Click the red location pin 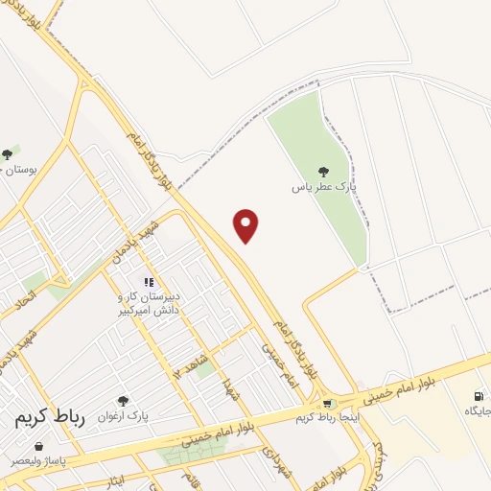(246, 224)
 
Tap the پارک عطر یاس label (317, 188)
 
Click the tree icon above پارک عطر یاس (318, 171)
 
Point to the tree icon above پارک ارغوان (122, 400)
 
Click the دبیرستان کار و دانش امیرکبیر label (148, 304)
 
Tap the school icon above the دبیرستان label (148, 282)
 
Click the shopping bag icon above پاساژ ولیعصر (38, 446)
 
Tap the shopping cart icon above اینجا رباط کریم (328, 404)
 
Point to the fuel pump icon (479, 395)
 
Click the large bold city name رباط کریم (51, 418)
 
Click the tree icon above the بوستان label (8, 153)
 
